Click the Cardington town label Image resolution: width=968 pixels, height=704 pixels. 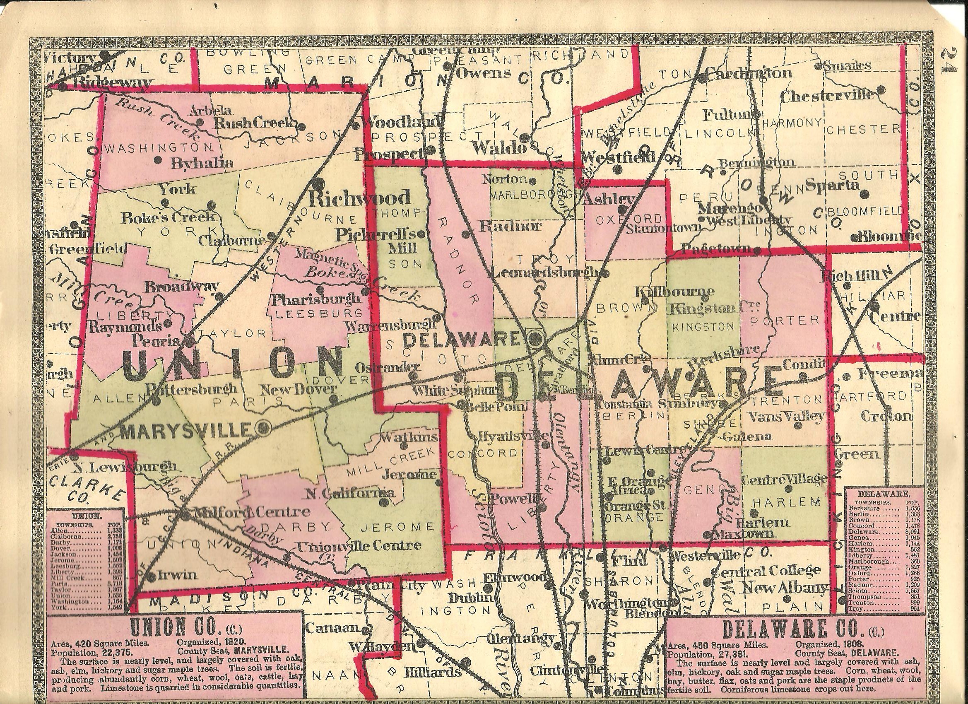point(749,73)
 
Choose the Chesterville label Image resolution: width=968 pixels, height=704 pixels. point(827,96)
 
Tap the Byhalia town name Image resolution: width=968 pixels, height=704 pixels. point(202,163)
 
